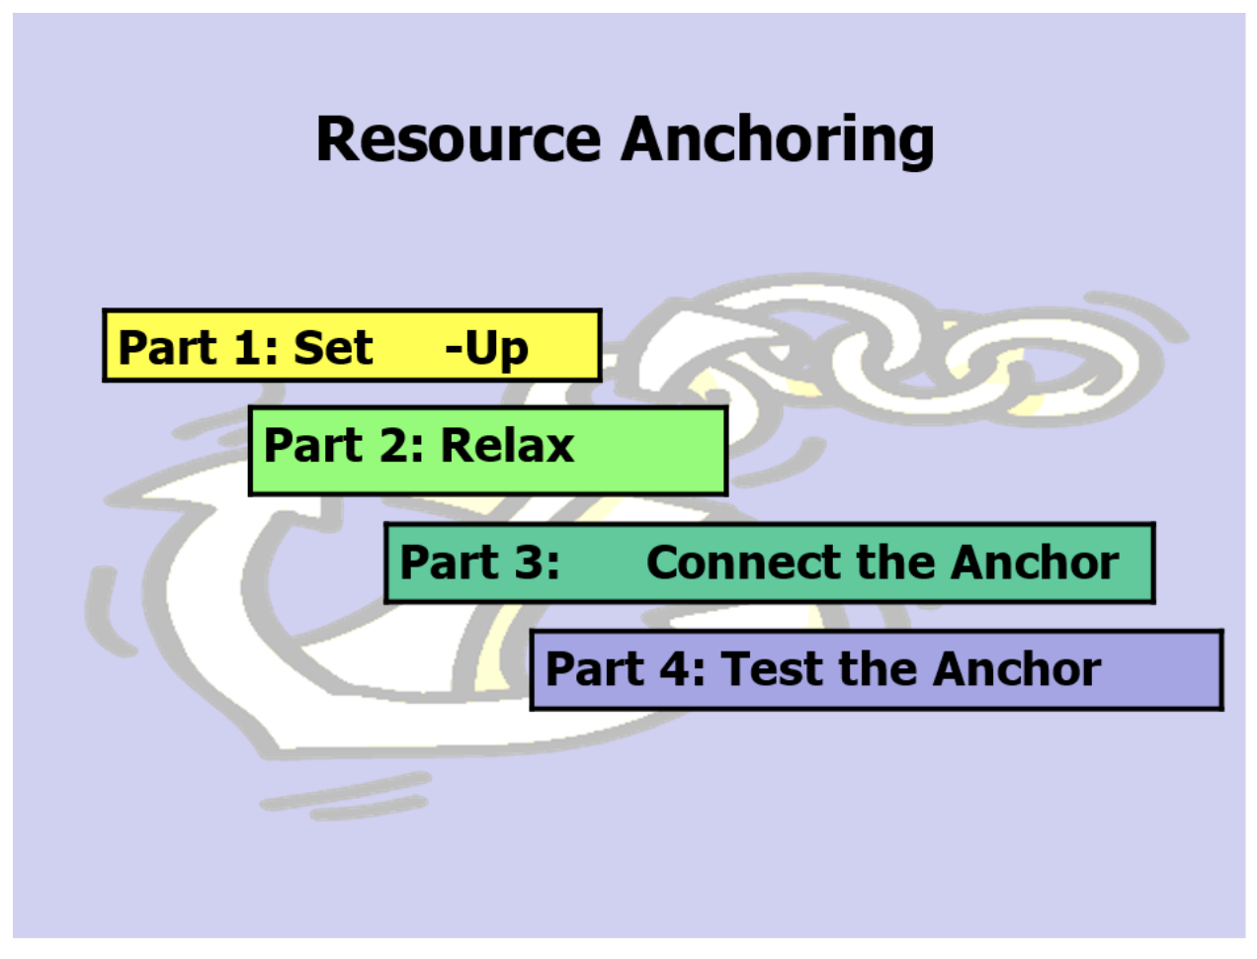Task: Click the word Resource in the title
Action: (458, 138)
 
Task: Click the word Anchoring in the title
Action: (778, 140)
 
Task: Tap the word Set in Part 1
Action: (333, 348)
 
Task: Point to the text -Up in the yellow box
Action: (486, 349)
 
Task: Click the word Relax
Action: (506, 446)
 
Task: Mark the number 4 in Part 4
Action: (674, 669)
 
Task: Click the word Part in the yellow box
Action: (166, 348)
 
